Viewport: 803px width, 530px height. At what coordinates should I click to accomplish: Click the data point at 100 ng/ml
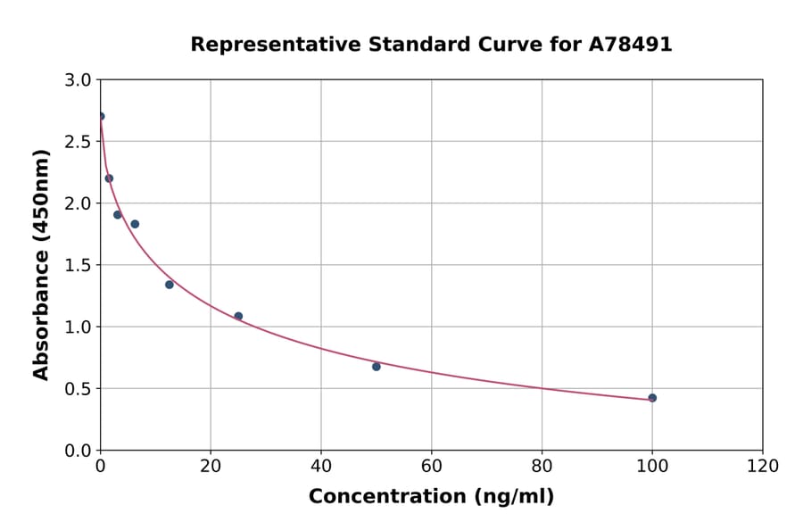(652, 398)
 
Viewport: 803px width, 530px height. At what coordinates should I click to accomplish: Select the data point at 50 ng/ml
(377, 367)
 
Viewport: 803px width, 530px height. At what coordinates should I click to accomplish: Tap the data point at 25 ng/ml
(238, 316)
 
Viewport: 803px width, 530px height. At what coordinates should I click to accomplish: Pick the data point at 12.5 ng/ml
(170, 285)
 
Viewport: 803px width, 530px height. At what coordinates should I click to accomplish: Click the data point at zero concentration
(101, 116)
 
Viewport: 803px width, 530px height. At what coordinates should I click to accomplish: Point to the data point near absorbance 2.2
(109, 178)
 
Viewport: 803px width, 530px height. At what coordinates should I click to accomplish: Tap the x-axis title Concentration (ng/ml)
(431, 497)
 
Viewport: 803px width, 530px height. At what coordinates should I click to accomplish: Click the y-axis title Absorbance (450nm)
(41, 264)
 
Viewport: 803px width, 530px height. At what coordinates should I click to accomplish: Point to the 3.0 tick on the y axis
(79, 80)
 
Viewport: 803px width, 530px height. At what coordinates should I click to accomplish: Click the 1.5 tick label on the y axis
(79, 265)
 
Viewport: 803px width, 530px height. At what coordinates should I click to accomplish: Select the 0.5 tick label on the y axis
(79, 389)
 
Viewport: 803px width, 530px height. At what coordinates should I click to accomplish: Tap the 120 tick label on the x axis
(762, 467)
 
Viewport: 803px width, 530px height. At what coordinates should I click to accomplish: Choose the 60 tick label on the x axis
(431, 467)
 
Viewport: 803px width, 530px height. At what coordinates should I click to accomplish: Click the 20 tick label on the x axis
(211, 467)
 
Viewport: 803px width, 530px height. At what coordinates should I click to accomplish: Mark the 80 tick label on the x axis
(542, 467)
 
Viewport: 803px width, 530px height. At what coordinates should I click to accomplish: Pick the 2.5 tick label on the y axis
(79, 142)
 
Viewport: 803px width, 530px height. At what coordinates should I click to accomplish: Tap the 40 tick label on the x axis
(321, 467)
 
